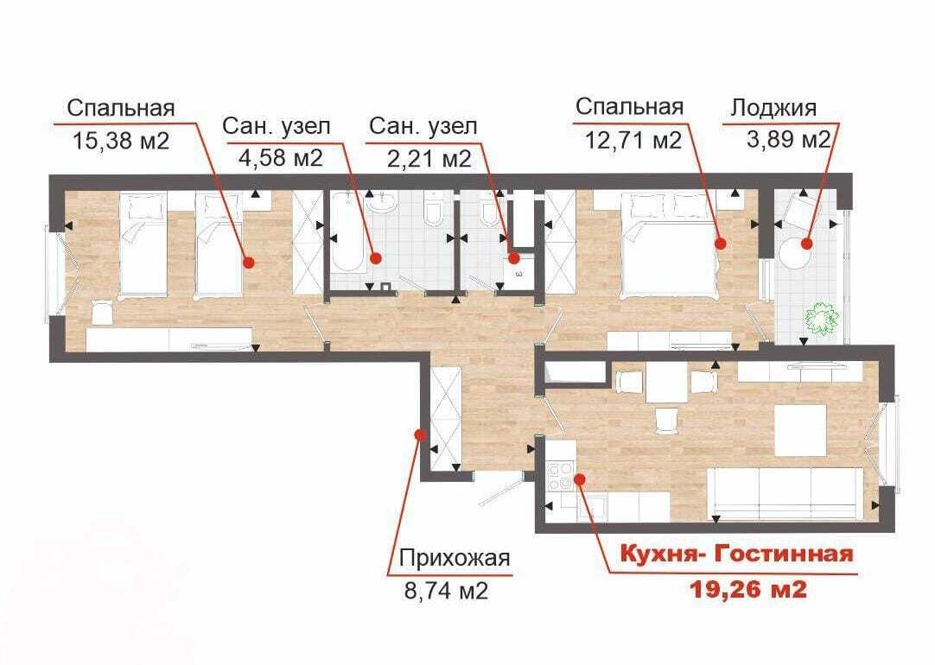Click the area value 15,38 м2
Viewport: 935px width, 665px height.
tap(121, 142)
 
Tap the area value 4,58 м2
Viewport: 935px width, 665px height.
tap(280, 157)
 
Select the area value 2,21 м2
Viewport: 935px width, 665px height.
tap(429, 159)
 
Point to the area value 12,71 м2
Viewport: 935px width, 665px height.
tap(633, 141)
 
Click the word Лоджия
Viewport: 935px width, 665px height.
tap(773, 108)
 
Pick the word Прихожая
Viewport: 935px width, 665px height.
tap(455, 558)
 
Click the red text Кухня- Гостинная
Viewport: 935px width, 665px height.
tap(737, 554)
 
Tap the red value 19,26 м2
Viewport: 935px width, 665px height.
tap(748, 589)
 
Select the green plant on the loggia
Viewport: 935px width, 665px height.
tap(822, 320)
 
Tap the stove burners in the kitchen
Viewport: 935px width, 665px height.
tap(560, 477)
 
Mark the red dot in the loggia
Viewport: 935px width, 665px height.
tap(807, 244)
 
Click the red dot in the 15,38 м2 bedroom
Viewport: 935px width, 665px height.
tap(249, 262)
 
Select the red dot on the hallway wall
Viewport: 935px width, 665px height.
tap(420, 434)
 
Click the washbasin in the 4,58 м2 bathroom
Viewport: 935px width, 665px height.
tap(382, 204)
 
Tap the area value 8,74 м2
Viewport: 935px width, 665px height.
tap(446, 591)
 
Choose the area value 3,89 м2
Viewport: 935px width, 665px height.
tap(788, 139)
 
